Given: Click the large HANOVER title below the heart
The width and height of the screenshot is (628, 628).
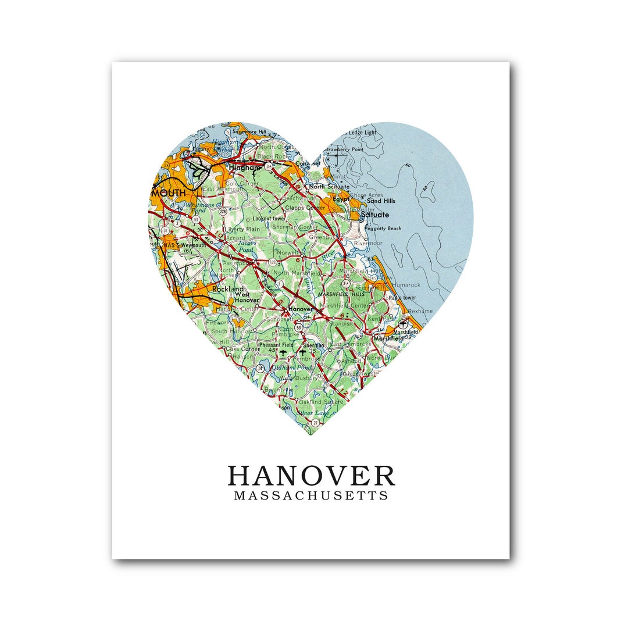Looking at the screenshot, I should pyautogui.click(x=311, y=476).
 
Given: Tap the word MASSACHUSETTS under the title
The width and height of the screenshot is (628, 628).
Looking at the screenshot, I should pyautogui.click(x=311, y=496).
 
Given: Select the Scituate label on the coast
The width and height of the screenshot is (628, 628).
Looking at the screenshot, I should pyautogui.click(x=375, y=215).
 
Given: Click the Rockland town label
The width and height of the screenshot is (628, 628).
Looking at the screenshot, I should pyautogui.click(x=228, y=289).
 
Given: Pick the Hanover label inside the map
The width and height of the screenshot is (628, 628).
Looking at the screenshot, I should pyautogui.click(x=301, y=309).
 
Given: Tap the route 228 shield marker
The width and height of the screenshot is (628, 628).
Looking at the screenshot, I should pyautogui.click(x=223, y=211).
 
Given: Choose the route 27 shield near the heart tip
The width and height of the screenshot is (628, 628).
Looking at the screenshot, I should pyautogui.click(x=315, y=423).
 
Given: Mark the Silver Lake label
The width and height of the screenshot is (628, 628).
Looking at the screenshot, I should pyautogui.click(x=313, y=413).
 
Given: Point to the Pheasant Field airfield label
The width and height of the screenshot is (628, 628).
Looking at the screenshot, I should pyautogui.click(x=276, y=345).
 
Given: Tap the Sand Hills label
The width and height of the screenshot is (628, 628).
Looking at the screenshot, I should pyautogui.click(x=381, y=201).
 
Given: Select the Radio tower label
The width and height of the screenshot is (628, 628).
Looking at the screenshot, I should pyautogui.click(x=402, y=298).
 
